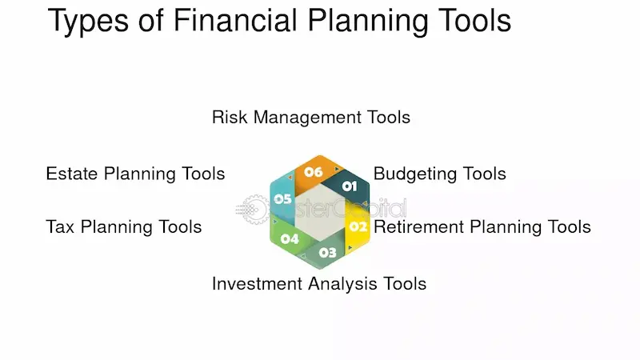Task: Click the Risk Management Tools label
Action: pos(310,118)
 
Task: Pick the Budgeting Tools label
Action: pos(439,174)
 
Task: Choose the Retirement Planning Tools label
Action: pos(482,227)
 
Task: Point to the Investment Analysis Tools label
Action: pos(318,283)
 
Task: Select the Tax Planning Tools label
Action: pos(124,227)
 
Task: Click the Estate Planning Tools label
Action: pos(135,174)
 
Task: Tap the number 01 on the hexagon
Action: pos(350,186)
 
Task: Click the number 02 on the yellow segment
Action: pos(358,226)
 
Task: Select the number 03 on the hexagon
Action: pos(328,253)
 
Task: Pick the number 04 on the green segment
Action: pos(290,238)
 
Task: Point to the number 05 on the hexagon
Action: pos(282,198)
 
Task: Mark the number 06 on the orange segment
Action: pos(313,172)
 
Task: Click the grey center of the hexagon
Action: pos(320,212)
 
